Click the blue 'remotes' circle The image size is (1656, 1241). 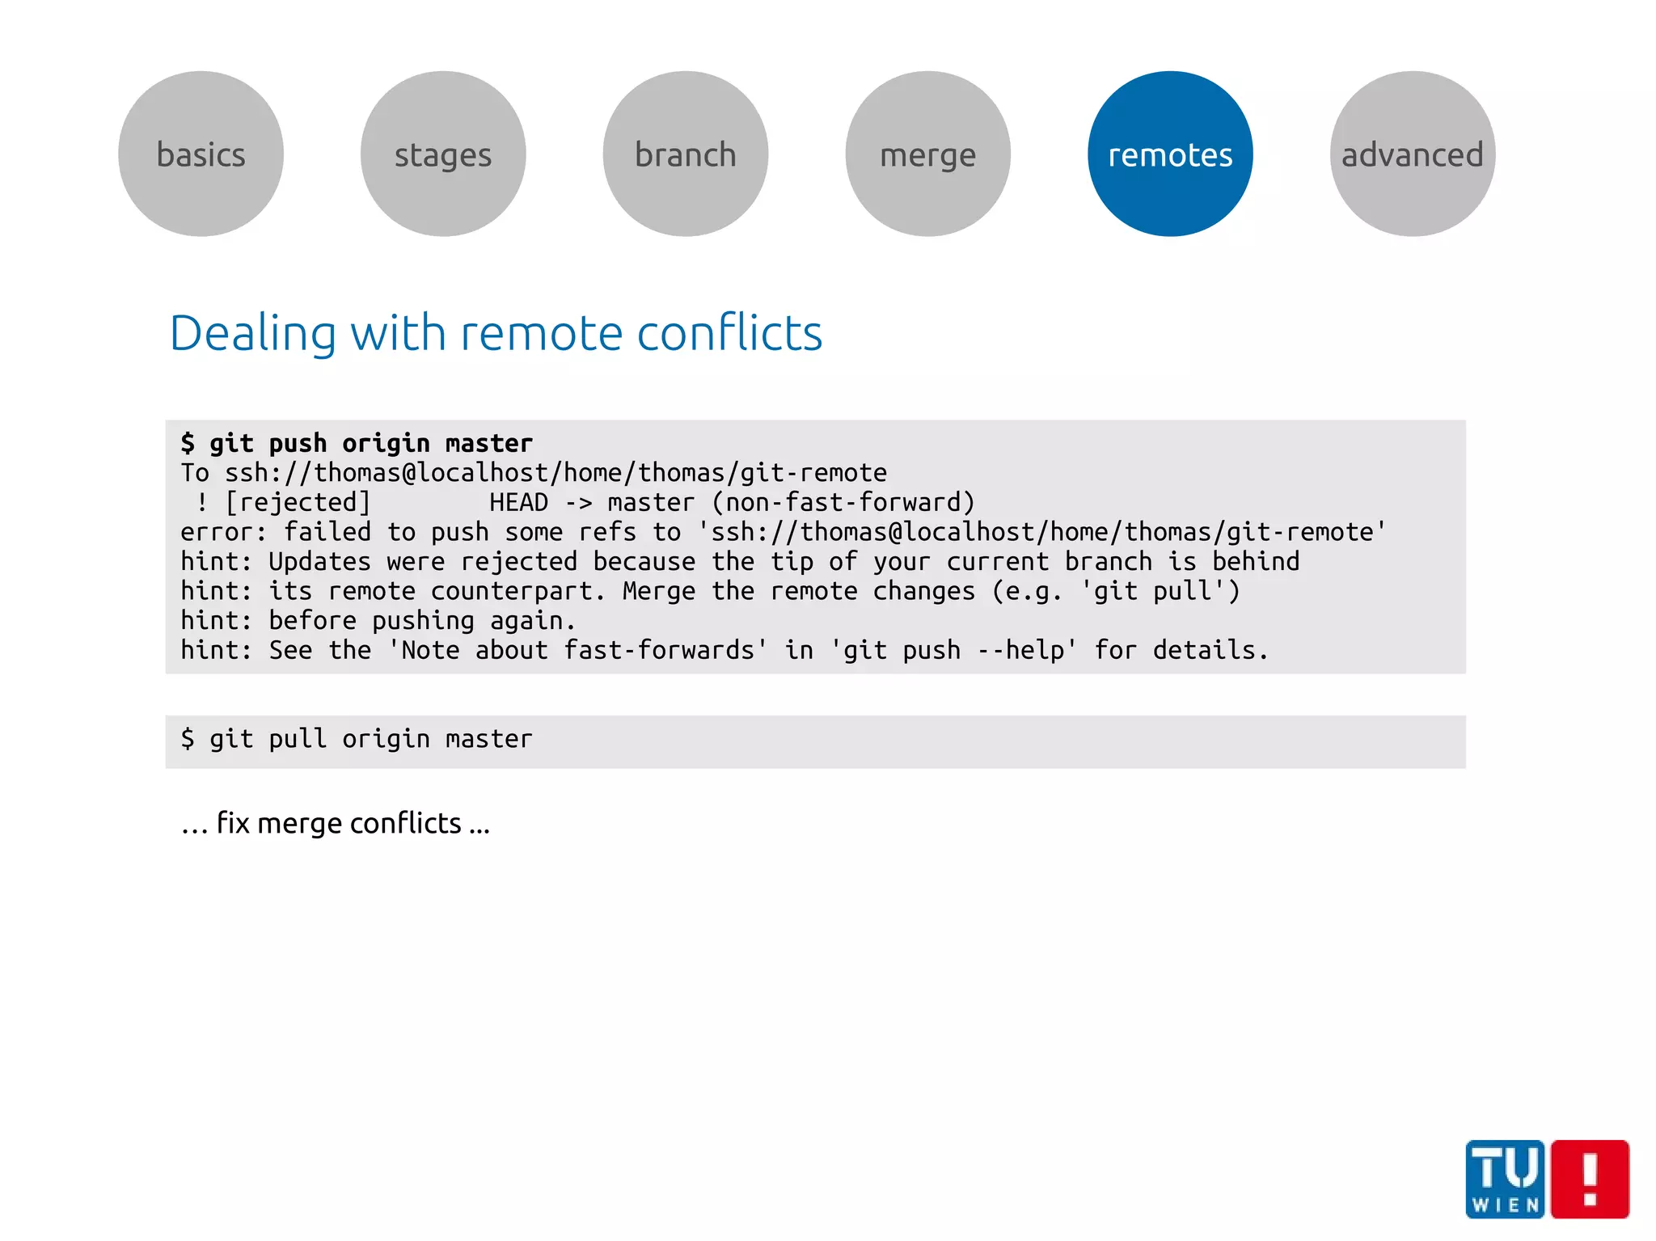(x=1170, y=154)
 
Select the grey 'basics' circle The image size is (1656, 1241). (x=201, y=154)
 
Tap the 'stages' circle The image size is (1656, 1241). (x=443, y=154)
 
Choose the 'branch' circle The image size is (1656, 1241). (x=686, y=154)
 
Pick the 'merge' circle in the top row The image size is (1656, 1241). (x=927, y=154)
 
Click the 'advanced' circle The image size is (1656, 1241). (x=1413, y=154)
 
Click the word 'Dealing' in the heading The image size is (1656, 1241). (x=251, y=333)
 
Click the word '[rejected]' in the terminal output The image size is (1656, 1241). (x=298, y=503)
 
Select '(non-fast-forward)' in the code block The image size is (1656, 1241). (x=843, y=503)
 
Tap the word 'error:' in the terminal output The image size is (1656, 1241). (x=224, y=532)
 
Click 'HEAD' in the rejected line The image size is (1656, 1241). (x=518, y=503)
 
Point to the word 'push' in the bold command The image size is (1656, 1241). (x=298, y=444)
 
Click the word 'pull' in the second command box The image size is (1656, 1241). (x=298, y=739)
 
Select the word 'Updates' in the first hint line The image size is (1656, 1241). (x=319, y=562)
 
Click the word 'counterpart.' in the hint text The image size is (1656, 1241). (x=517, y=591)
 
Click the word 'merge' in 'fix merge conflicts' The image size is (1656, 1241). (x=300, y=824)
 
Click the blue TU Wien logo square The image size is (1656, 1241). (x=1505, y=1179)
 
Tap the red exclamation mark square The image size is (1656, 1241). (x=1591, y=1179)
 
